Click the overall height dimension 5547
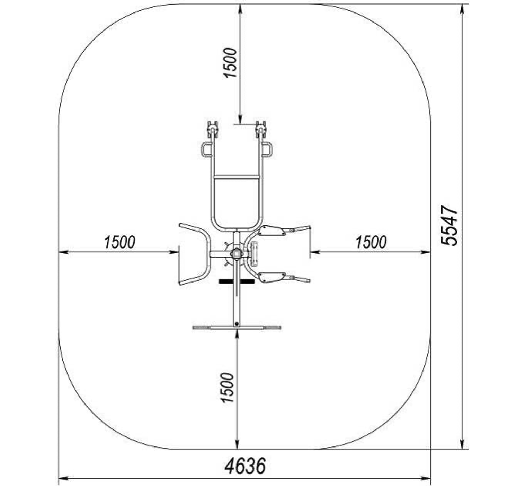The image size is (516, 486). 449,225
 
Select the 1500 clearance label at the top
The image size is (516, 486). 230,63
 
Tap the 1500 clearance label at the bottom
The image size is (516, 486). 227,388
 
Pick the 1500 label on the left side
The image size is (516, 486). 119,242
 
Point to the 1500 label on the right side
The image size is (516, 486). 371,242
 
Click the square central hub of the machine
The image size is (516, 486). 237,253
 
